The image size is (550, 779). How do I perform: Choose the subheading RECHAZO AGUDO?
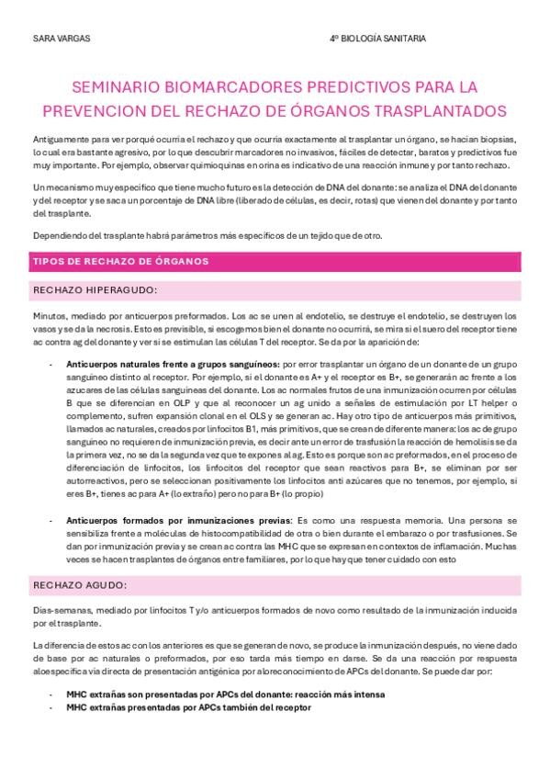click(80, 583)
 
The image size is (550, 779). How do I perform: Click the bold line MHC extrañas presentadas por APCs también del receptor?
click(188, 707)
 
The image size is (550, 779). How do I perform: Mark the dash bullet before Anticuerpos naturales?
click(50, 365)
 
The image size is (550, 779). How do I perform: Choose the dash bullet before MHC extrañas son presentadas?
click(50, 694)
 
